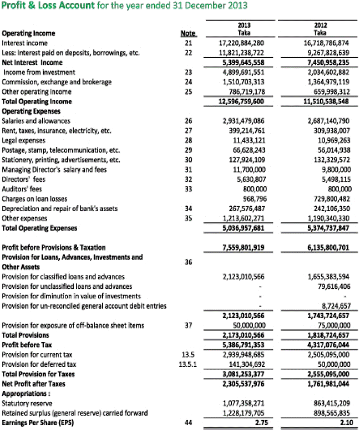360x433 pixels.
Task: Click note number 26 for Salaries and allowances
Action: coord(188,121)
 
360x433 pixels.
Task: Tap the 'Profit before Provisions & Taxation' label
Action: coord(54,247)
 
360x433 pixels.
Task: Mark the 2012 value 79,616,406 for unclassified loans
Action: coord(327,286)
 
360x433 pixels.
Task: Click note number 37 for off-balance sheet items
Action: coord(188,325)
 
